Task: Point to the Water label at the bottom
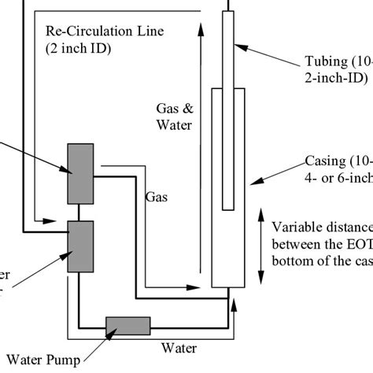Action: [x=179, y=347]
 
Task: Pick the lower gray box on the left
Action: [x=80, y=246]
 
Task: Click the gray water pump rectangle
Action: [x=127, y=325]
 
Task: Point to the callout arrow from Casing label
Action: [x=276, y=172]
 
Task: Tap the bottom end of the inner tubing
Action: [x=227, y=208]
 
